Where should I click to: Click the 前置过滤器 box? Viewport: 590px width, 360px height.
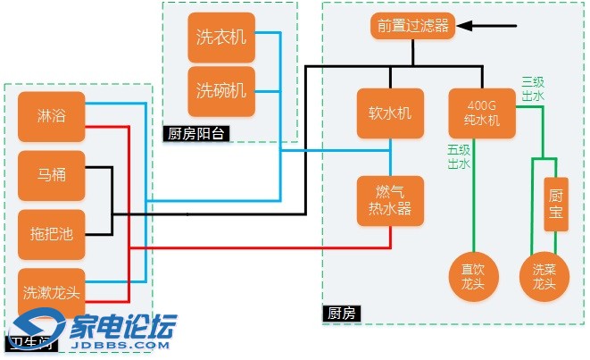(412, 26)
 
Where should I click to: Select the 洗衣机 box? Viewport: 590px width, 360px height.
(221, 38)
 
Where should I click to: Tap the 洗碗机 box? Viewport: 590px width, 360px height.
(221, 90)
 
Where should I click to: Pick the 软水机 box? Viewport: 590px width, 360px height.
(390, 113)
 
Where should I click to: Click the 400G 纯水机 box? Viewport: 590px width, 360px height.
(483, 113)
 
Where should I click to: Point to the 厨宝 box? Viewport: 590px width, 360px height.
(556, 205)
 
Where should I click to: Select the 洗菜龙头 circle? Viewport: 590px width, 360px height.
(544, 276)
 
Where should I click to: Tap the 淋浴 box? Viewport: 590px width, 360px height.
(51, 116)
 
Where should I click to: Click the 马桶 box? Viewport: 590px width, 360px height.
(51, 174)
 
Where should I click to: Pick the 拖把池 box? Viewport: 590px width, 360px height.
(51, 234)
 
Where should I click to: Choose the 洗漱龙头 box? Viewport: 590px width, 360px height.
(51, 291)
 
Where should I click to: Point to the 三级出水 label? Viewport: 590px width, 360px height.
(532, 89)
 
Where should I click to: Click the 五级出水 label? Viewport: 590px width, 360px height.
(459, 156)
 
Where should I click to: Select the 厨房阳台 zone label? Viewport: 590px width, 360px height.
(195, 134)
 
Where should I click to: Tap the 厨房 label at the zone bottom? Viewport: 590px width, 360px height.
(342, 313)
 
